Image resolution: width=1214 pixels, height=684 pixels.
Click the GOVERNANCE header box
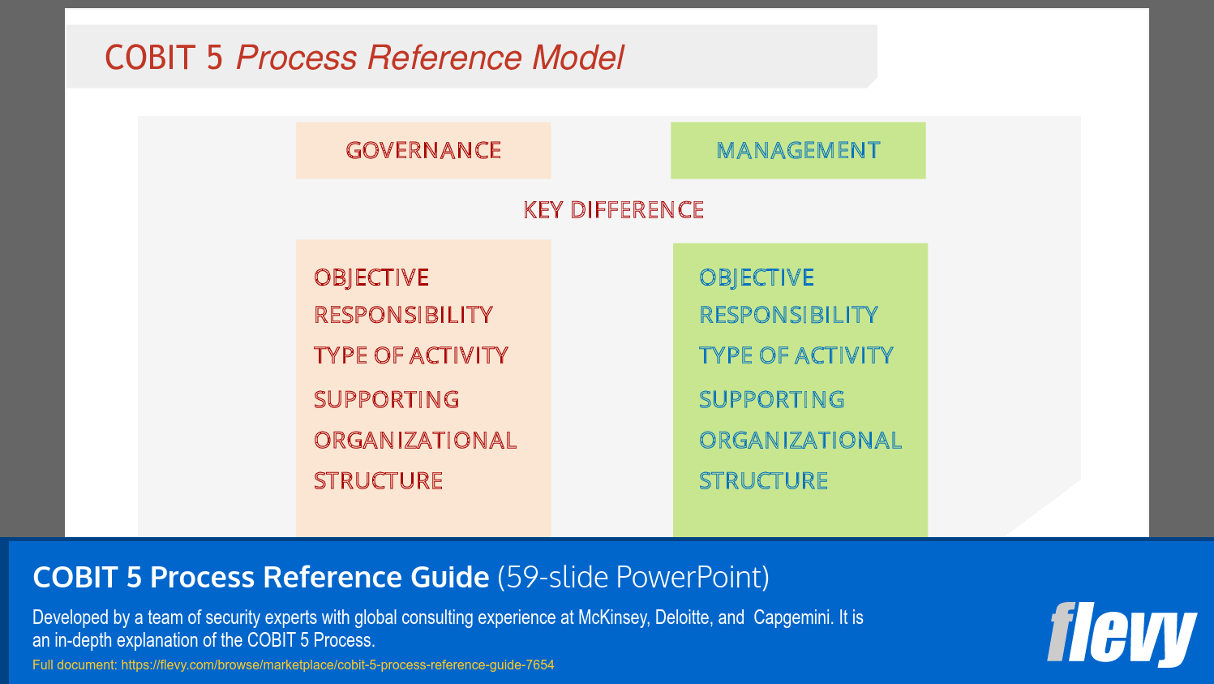[423, 150]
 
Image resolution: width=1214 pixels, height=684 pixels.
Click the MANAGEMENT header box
[798, 150]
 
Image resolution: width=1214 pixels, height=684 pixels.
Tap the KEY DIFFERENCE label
[613, 210]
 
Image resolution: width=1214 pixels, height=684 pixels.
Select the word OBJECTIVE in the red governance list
[371, 277]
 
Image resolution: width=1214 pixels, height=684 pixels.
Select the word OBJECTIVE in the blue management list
[757, 277]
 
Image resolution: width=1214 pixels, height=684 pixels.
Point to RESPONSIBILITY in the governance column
[403, 315]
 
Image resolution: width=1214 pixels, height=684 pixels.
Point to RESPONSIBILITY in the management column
[788, 315]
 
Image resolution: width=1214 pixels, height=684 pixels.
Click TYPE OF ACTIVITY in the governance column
[411, 355]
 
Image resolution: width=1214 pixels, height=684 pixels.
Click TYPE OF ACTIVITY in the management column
[796, 355]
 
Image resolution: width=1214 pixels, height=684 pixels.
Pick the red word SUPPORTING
[387, 399]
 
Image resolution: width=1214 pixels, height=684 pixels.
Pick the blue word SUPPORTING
[772, 399]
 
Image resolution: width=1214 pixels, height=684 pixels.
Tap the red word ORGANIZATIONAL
[415, 440]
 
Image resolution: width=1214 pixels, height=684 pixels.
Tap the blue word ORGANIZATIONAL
[800, 440]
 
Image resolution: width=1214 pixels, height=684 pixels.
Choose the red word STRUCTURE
[379, 480]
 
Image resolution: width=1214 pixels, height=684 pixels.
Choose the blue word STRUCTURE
[764, 480]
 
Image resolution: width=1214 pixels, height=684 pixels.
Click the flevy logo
[1122, 634]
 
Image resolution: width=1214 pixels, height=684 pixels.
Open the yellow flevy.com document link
[337, 665]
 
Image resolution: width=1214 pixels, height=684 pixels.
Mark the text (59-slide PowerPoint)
[633, 577]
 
